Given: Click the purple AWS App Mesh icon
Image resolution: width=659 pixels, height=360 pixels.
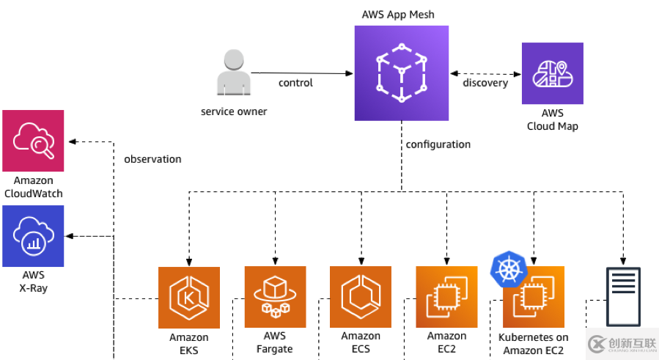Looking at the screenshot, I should [x=401, y=73].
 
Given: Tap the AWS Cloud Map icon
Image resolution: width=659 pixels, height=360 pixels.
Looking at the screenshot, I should [x=552, y=73].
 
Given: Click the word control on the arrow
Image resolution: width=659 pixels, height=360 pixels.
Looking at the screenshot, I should [x=295, y=83].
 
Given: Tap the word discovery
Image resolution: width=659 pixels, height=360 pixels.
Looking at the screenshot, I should [x=485, y=83].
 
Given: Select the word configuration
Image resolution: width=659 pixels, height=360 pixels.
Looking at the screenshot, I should [x=438, y=144].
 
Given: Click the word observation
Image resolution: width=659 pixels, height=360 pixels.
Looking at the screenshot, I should [x=152, y=159].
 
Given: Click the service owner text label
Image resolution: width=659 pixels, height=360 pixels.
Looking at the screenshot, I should [x=234, y=111].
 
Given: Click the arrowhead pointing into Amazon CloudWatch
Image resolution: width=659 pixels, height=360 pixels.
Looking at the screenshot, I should [x=71, y=141].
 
